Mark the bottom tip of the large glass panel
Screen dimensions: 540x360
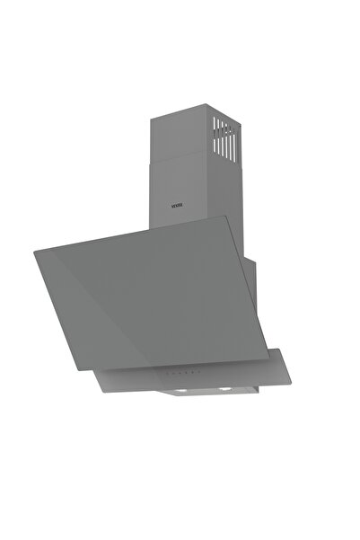point(150,369)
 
